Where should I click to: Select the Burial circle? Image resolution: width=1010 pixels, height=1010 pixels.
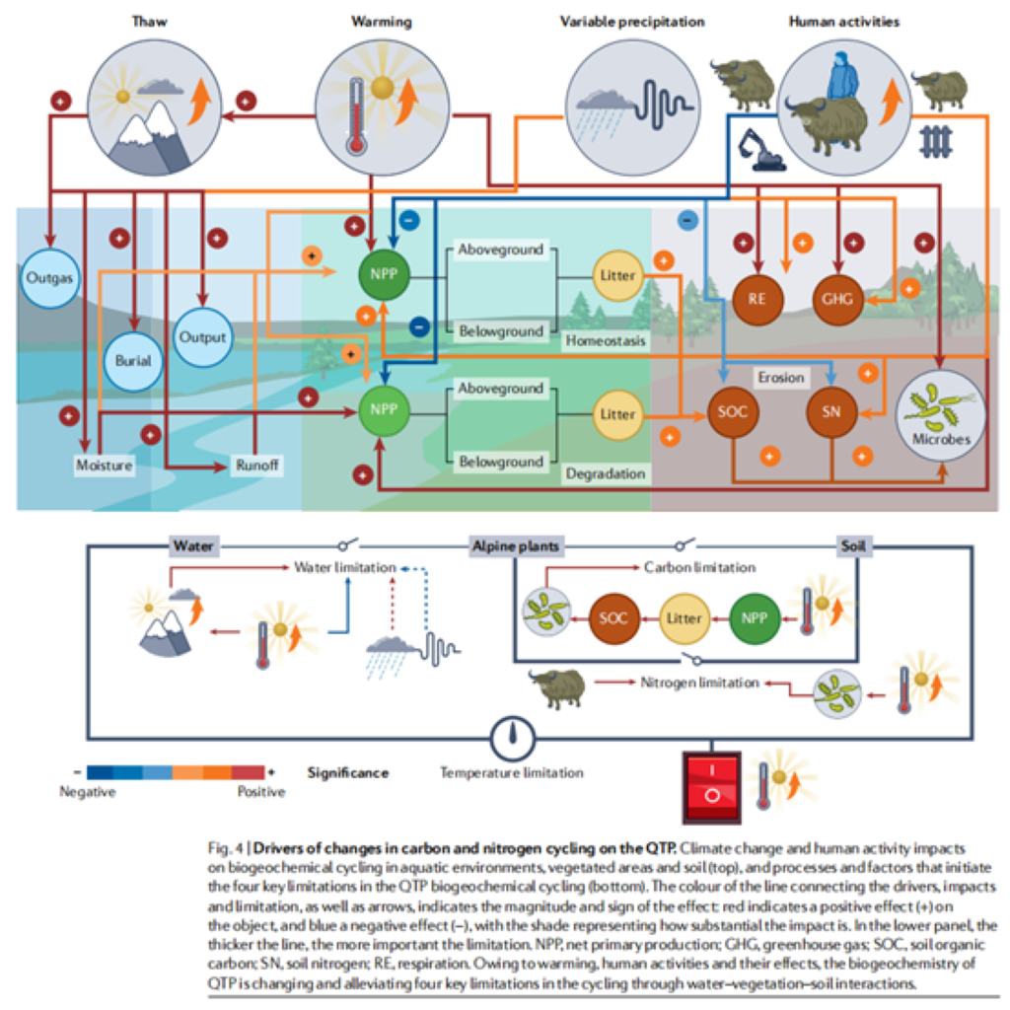[133, 360]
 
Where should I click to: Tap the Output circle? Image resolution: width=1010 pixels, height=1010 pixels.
[202, 336]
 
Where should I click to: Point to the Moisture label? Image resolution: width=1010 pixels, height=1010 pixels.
[104, 465]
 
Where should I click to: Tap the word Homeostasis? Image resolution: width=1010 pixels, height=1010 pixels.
[606, 341]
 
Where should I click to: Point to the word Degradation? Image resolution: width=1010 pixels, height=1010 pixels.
[605, 474]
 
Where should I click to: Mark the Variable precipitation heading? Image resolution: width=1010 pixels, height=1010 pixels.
[632, 20]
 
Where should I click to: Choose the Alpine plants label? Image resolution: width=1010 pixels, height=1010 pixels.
[515, 545]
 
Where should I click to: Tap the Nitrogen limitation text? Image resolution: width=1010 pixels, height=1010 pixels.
[700, 682]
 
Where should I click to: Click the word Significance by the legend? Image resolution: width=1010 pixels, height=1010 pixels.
[347, 772]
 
